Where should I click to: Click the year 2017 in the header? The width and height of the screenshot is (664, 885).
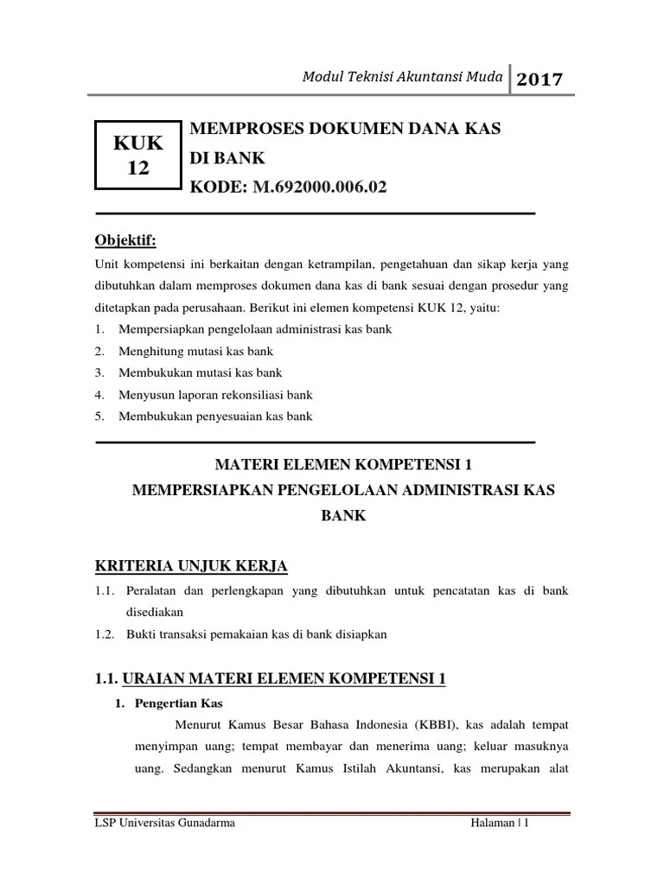539,80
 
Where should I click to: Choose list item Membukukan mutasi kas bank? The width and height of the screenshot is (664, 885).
201,372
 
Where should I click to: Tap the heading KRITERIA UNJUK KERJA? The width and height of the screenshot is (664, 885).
190,566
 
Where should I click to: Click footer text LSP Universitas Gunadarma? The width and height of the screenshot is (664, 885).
164,824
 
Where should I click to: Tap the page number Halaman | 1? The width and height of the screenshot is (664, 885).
499,824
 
